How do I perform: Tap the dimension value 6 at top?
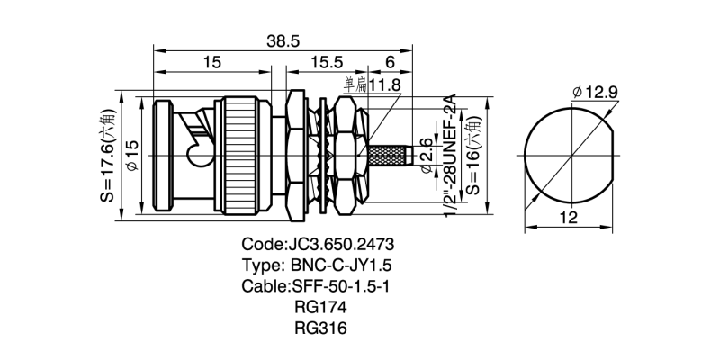click(x=390, y=63)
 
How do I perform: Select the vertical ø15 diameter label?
click(x=130, y=156)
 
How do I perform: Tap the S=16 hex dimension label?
click(x=471, y=155)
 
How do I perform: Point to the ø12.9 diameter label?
click(x=593, y=92)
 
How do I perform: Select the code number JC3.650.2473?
click(x=319, y=245)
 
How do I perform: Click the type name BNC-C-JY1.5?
click(x=319, y=265)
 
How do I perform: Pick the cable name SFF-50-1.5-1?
click(x=319, y=286)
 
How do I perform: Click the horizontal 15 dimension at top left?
click(x=212, y=63)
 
